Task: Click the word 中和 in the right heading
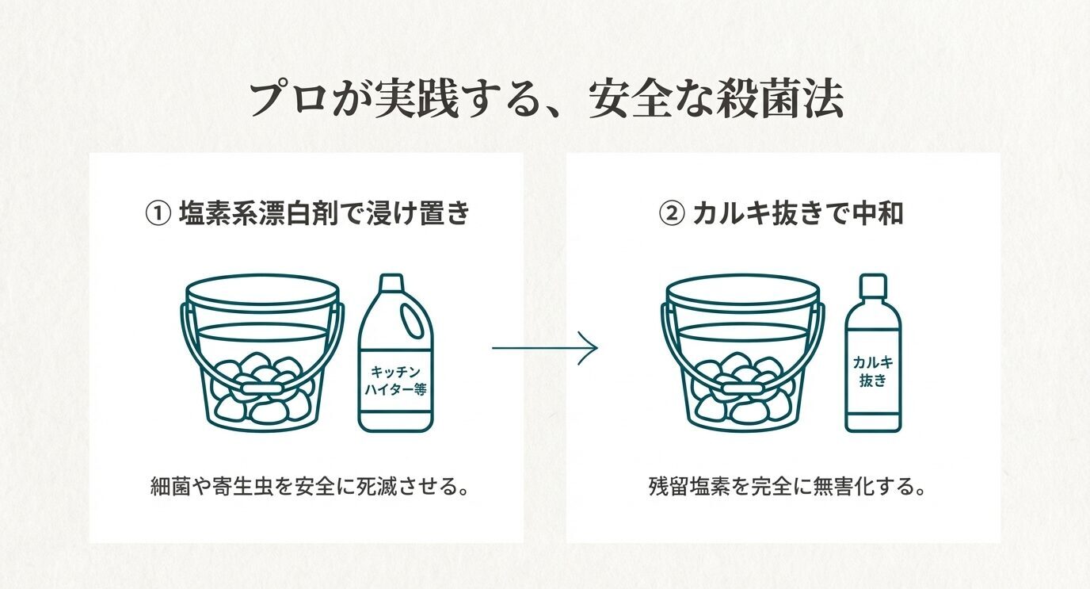click(882, 214)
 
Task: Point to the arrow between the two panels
click(544, 348)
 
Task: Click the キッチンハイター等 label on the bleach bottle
click(395, 380)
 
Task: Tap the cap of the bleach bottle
click(391, 284)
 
